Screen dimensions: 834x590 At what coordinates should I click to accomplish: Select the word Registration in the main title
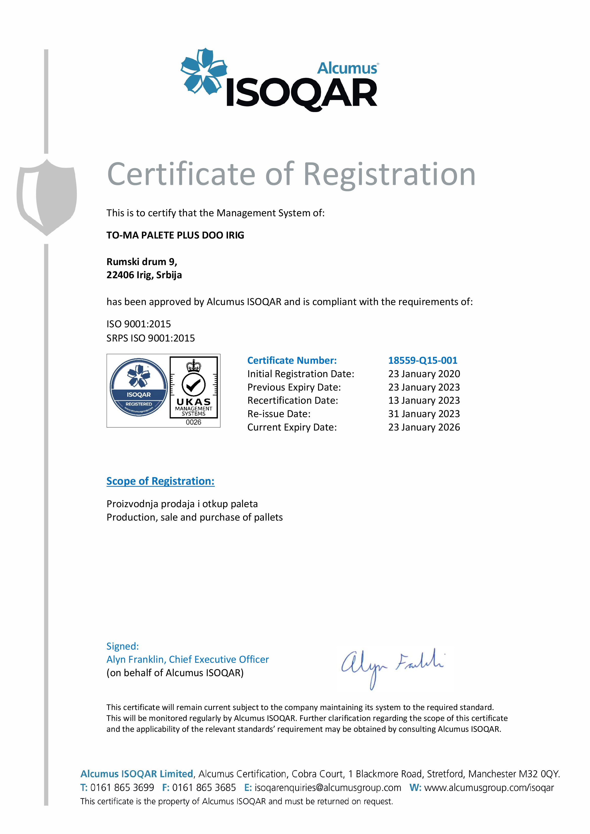coord(389,175)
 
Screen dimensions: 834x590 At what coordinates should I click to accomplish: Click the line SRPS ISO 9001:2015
coord(150,338)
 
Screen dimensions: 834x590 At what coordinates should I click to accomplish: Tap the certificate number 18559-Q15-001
coord(423,360)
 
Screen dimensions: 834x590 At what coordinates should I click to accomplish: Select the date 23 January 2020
coord(424,374)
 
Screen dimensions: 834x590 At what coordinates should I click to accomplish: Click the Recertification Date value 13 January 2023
coord(424,400)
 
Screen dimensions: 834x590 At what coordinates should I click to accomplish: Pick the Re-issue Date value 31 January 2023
coord(424,414)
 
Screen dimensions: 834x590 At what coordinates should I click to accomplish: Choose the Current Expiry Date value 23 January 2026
coord(424,427)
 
